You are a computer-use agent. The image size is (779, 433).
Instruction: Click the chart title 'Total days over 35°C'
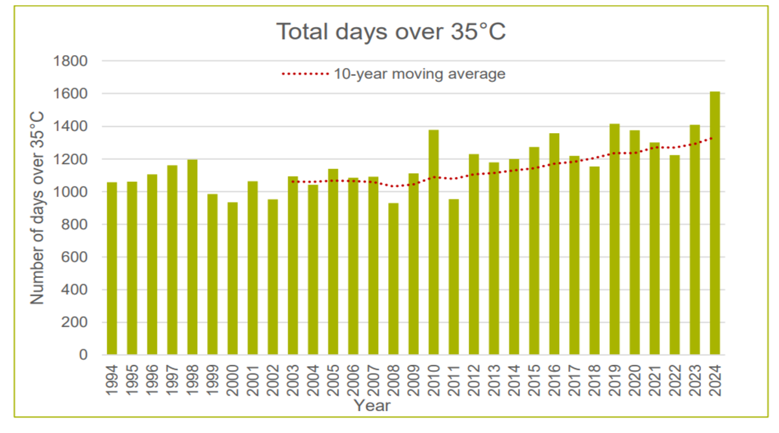390,31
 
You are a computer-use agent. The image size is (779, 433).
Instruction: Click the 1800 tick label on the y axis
73,61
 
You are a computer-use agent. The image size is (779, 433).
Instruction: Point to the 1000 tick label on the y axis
73,192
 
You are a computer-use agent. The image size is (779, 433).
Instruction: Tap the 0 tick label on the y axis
83,355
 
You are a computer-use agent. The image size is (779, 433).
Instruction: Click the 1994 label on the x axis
112,381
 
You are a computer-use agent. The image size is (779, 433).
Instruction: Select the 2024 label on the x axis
715,381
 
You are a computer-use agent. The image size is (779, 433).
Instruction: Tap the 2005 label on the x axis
333,381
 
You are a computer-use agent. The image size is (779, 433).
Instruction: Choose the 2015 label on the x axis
534,381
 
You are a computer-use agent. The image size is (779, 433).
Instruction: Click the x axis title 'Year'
372,406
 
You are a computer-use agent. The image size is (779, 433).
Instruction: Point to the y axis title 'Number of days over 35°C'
37,208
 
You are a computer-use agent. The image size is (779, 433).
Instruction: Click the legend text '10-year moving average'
419,74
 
